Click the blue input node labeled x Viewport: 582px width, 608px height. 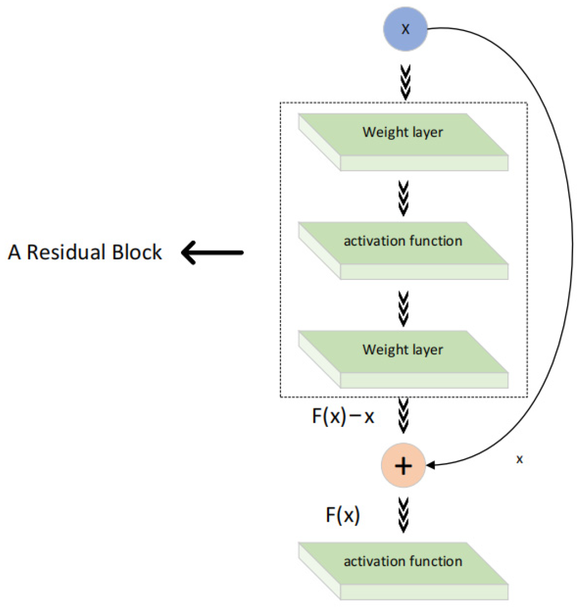(x=405, y=29)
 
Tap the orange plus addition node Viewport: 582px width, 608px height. (x=403, y=466)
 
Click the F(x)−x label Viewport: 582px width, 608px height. (x=343, y=417)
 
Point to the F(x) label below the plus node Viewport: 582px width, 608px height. (x=342, y=515)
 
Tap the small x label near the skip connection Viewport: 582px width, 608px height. (x=520, y=459)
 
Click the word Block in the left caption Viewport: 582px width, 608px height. (x=137, y=252)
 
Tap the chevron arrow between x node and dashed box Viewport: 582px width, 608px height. (x=405, y=82)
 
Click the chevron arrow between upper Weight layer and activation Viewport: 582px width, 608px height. (x=404, y=198)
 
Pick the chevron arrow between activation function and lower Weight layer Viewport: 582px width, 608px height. (x=404, y=309)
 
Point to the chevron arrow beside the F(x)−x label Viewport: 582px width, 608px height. (x=404, y=416)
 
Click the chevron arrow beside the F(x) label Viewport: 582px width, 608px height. (x=404, y=515)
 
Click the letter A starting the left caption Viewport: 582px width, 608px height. (x=14, y=252)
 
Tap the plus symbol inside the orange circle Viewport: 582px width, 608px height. (x=403, y=466)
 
